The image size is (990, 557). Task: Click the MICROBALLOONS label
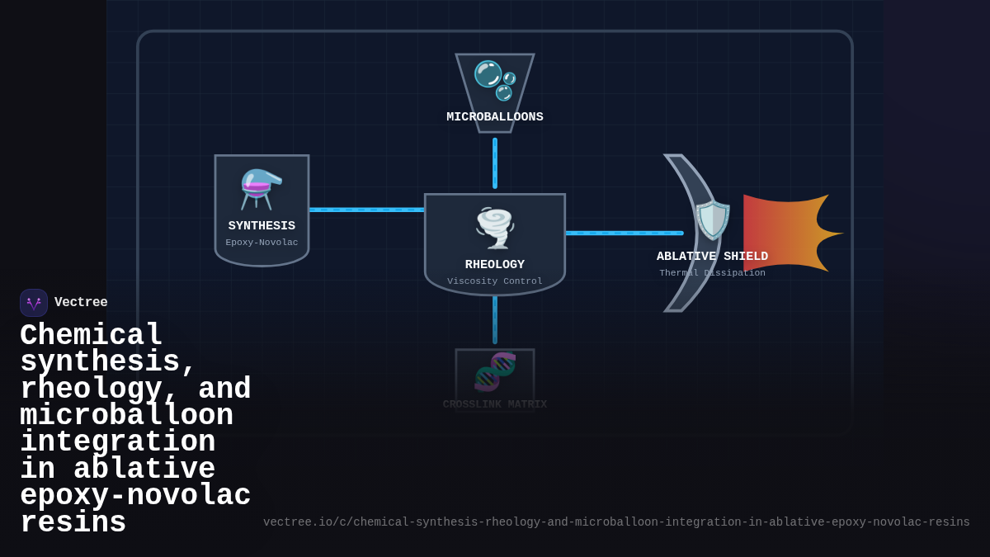tap(495, 117)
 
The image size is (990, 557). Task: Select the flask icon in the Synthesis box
tap(262, 189)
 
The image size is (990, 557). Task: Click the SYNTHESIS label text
tap(262, 226)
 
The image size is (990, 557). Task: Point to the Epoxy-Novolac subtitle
tap(262, 243)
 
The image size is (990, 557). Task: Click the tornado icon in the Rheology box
tap(495, 228)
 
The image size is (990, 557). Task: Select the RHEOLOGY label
tap(495, 265)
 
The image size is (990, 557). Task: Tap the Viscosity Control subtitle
tap(495, 281)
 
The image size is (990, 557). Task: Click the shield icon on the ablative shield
tap(713, 220)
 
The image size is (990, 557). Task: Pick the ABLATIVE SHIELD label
tap(712, 257)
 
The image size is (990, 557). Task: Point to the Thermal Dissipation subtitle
tap(712, 273)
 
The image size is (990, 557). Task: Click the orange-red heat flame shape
tap(788, 233)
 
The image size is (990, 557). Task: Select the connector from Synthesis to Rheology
tap(366, 210)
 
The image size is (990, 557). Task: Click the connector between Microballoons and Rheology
tap(495, 163)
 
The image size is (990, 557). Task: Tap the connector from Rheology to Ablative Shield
tap(624, 233)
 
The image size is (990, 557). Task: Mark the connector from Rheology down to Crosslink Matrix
tap(495, 319)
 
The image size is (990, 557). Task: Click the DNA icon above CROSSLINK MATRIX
tap(495, 372)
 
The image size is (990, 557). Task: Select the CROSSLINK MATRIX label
tap(495, 404)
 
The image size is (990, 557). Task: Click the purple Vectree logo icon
tap(34, 303)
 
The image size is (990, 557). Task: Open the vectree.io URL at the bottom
tap(616, 522)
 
